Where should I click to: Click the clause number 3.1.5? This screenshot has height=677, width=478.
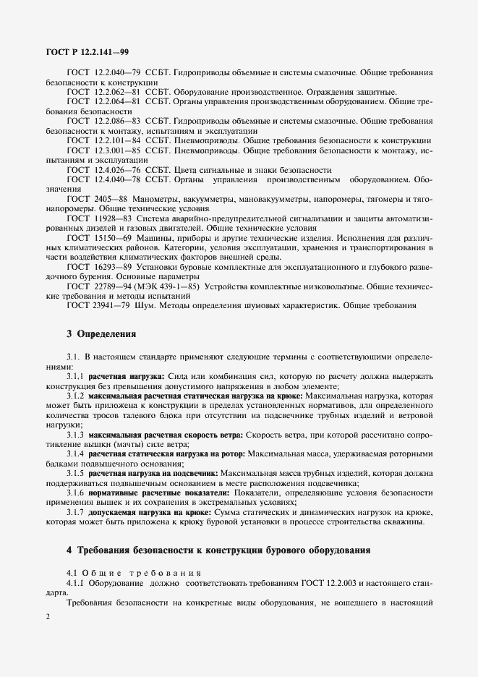click(x=75, y=472)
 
